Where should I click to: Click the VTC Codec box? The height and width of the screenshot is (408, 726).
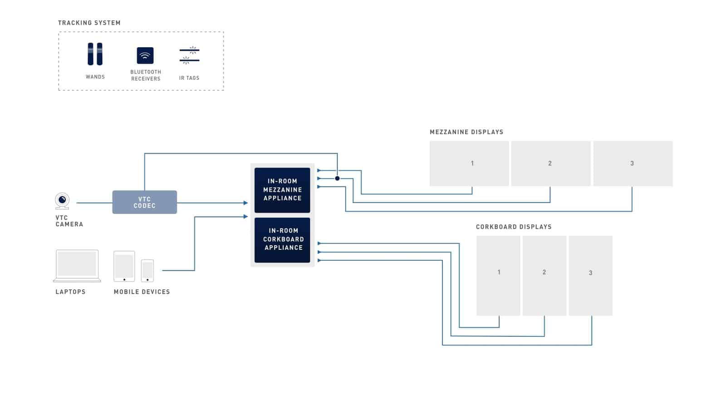point(145,202)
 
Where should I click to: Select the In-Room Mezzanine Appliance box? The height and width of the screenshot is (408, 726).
point(282,190)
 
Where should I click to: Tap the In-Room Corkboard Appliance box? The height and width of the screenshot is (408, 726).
point(282,240)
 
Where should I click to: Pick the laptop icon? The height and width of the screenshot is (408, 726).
point(77,266)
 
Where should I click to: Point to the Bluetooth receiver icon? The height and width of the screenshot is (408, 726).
point(145,55)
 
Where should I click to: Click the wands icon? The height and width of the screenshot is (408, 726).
point(95,54)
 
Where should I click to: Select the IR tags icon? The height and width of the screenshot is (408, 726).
point(190,55)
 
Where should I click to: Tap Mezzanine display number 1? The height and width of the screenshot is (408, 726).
point(469,164)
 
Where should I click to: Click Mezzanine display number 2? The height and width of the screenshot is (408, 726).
point(551,164)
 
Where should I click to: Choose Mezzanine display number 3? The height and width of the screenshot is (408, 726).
point(633,164)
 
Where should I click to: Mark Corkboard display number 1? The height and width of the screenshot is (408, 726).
point(499,276)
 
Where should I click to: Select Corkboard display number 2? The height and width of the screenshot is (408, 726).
point(544,276)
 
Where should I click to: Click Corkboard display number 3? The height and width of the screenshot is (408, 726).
point(590,276)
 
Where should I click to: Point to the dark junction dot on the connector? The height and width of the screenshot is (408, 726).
point(338,179)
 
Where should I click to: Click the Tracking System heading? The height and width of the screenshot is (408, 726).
point(89,23)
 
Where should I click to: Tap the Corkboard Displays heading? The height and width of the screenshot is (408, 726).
point(514,227)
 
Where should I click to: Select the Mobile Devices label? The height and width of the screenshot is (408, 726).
point(142,292)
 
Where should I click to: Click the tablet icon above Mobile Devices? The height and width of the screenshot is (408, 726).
point(124,266)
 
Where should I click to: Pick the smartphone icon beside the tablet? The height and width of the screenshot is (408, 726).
point(147,271)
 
